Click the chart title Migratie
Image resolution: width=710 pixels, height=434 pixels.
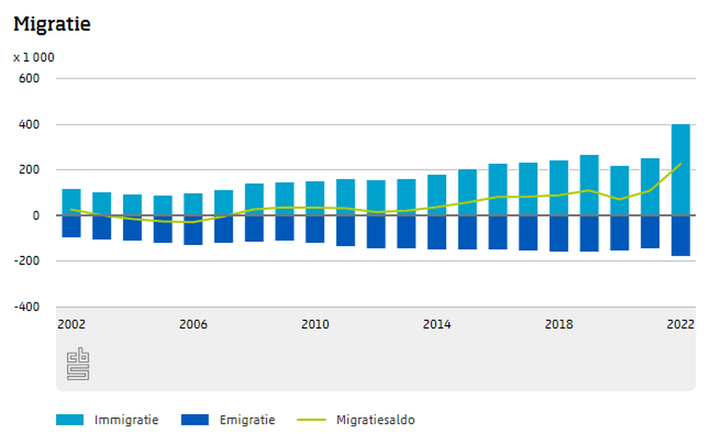pyautogui.click(x=52, y=24)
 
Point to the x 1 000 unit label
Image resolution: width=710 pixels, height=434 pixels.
pyautogui.click(x=34, y=57)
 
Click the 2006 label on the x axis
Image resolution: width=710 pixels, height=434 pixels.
pyautogui.click(x=193, y=324)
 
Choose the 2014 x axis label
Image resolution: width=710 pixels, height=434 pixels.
pyautogui.click(x=436, y=324)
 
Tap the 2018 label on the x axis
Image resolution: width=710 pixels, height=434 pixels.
pyautogui.click(x=559, y=324)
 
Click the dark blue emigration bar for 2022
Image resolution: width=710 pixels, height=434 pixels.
pyautogui.click(x=680, y=236)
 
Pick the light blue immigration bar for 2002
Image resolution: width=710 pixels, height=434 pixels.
pyautogui.click(x=71, y=202)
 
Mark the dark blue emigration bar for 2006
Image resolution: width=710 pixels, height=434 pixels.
pyautogui.click(x=193, y=230)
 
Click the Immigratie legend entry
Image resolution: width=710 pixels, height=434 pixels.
pyautogui.click(x=108, y=420)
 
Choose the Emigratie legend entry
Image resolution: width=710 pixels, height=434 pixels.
pyautogui.click(x=228, y=420)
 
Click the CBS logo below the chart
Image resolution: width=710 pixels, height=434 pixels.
pyautogui.click(x=78, y=364)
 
